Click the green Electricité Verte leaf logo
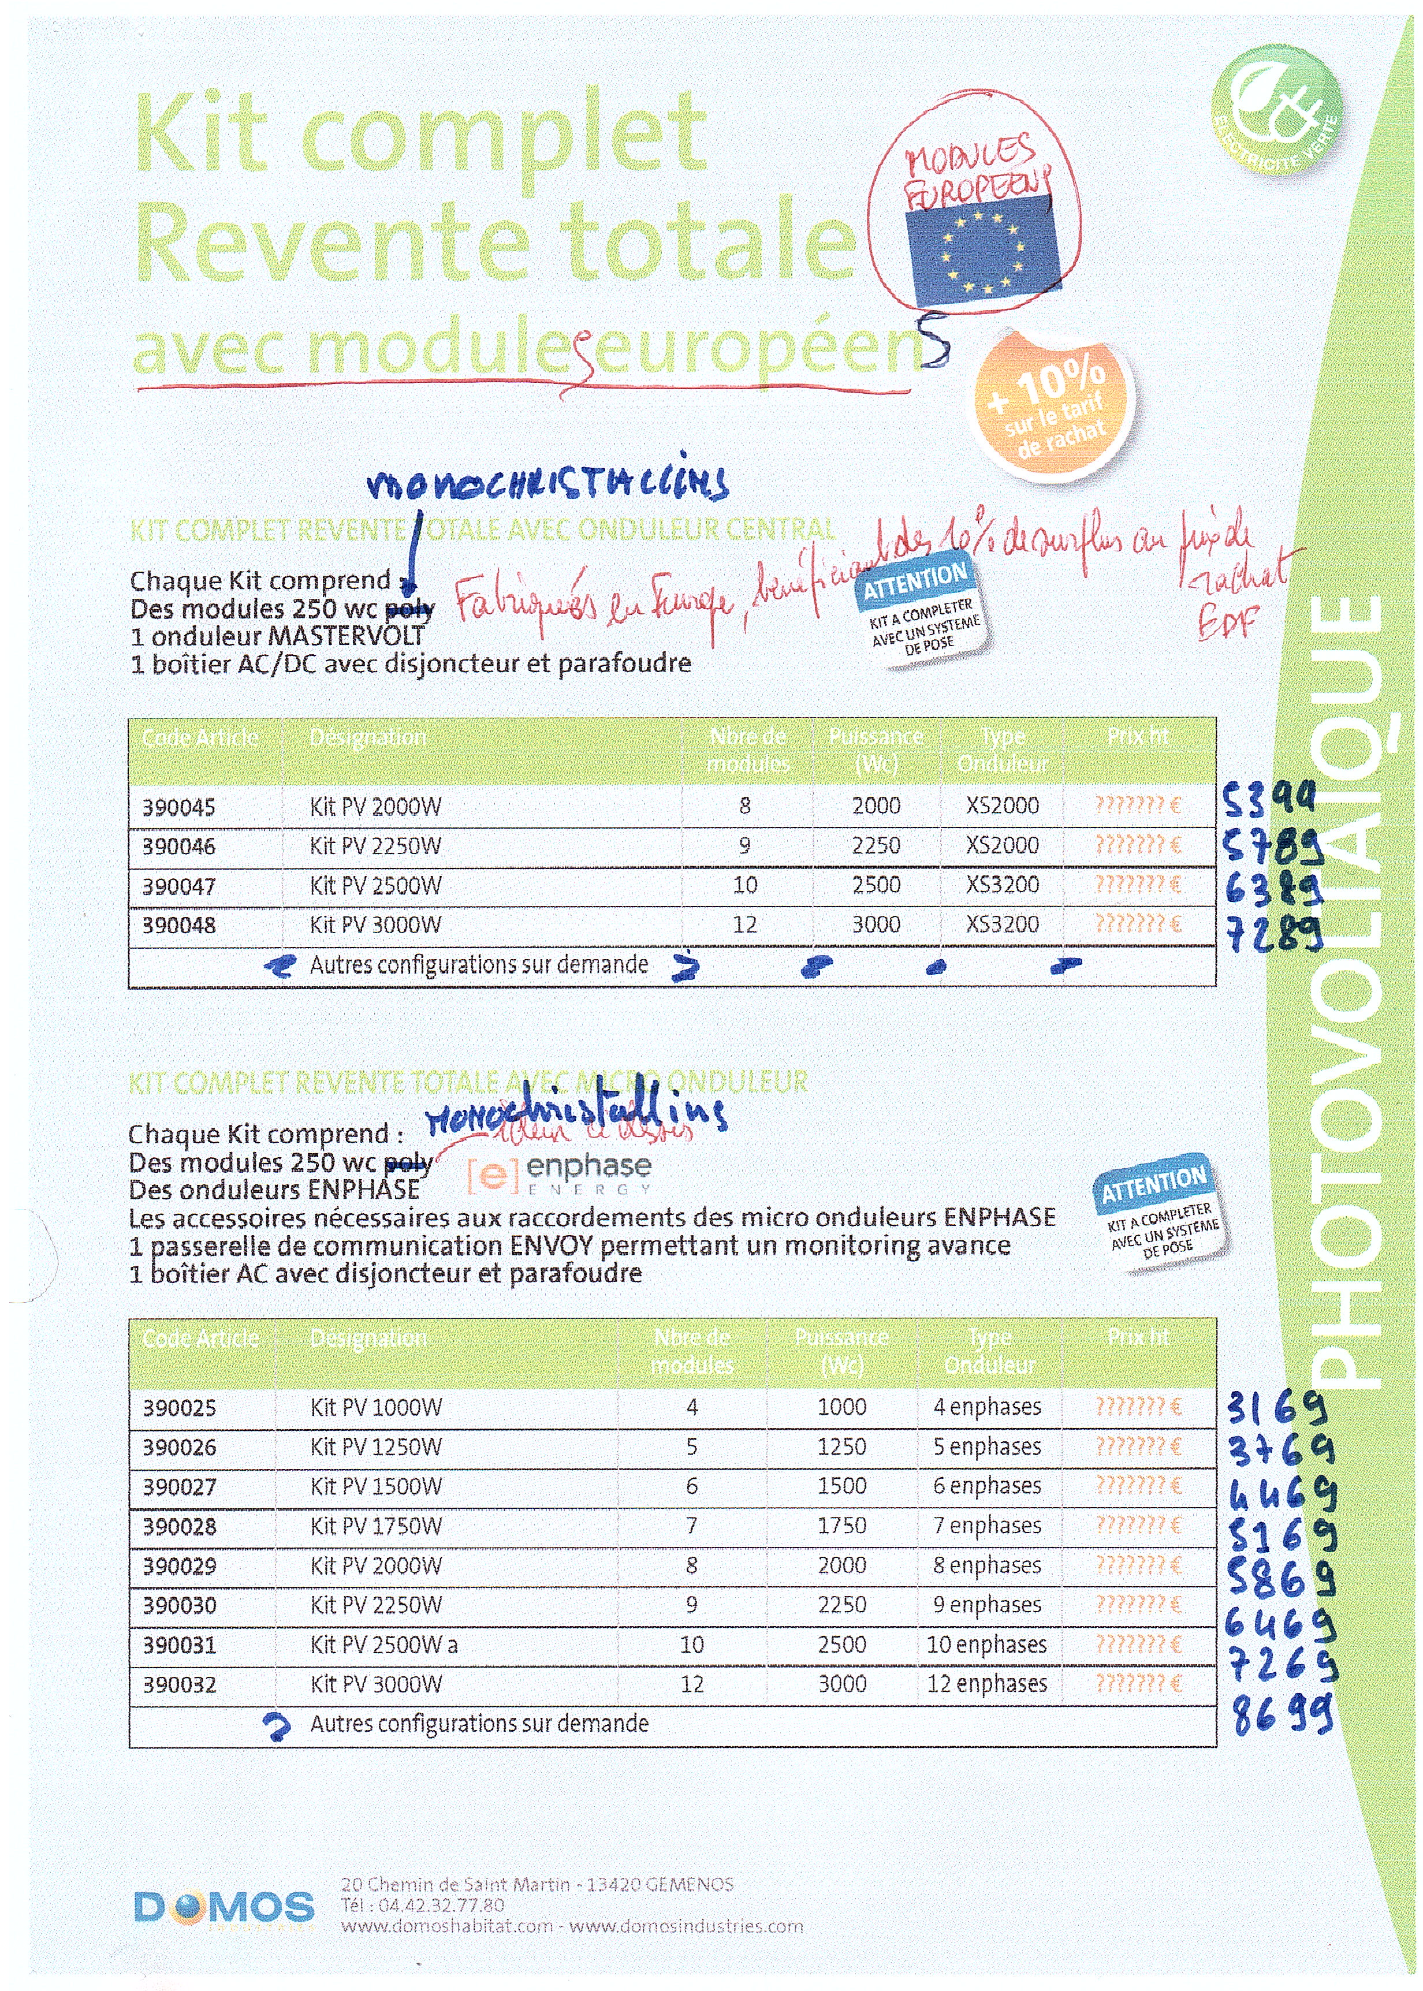(1276, 109)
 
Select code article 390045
(179, 807)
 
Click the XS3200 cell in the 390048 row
(1003, 924)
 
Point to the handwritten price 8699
(1281, 1715)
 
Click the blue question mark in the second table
(278, 1727)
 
